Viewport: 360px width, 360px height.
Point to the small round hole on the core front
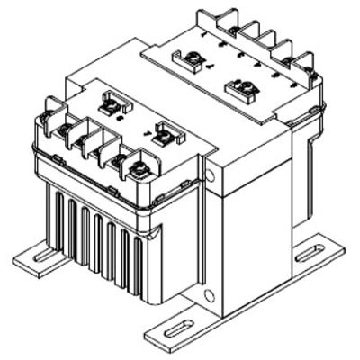[209, 295]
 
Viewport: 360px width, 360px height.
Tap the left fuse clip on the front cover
[112, 105]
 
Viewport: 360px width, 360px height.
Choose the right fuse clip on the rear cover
[240, 88]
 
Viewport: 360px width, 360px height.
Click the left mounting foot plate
[36, 257]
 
